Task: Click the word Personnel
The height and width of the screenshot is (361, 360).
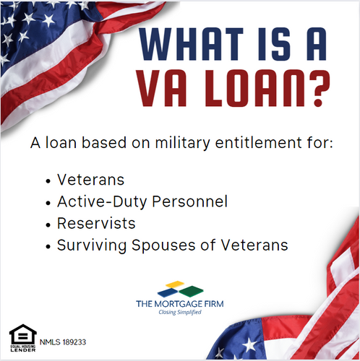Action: [192, 201]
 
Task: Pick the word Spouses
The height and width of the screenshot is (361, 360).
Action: [156, 245]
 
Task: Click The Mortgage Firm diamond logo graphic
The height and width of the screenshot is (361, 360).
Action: [179, 290]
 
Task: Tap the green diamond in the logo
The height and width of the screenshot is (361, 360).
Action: [191, 291]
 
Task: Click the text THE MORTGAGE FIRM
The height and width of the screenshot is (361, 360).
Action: [179, 304]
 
